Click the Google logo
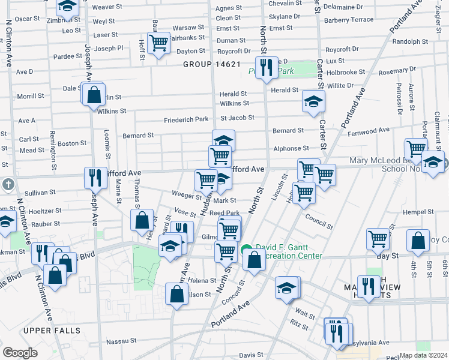20,353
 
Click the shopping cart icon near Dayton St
158,43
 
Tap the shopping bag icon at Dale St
94,95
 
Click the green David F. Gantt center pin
246,251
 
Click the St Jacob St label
237,118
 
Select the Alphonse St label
291,148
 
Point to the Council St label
319,222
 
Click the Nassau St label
122,341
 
